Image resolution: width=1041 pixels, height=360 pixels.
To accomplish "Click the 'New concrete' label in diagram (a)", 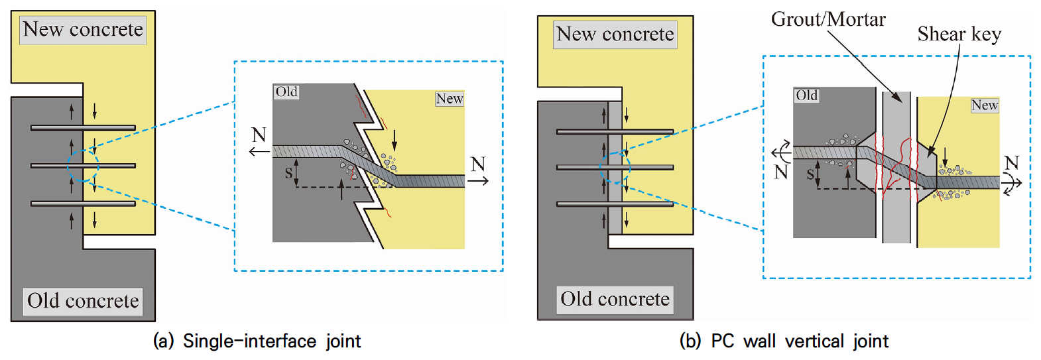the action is click(x=83, y=30).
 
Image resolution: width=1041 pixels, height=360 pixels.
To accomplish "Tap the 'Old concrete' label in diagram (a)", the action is click(x=83, y=301).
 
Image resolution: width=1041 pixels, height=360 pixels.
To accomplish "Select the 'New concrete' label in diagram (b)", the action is click(x=615, y=34).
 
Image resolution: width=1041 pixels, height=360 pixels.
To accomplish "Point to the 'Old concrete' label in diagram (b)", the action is click(x=615, y=300).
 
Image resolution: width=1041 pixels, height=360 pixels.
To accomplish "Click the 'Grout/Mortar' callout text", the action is click(x=828, y=19).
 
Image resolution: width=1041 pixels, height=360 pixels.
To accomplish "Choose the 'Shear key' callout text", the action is click(x=959, y=34).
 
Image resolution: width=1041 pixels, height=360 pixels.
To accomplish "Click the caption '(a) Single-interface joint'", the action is click(x=257, y=341).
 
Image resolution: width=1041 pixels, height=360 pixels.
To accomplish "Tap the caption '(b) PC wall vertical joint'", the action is click(x=784, y=341).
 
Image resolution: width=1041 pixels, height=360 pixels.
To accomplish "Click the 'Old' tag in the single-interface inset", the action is click(x=286, y=91).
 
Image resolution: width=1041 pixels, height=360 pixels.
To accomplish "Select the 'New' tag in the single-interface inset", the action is click(x=450, y=99).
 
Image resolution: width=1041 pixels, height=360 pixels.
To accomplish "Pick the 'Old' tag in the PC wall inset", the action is click(x=806, y=95).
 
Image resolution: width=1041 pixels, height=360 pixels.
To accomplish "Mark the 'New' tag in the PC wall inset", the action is click(x=984, y=105).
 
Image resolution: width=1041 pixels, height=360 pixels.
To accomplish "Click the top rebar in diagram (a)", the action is click(x=83, y=128).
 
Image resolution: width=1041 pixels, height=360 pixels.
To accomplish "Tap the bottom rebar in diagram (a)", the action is click(x=83, y=204).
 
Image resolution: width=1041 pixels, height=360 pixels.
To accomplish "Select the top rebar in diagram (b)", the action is click(x=615, y=132).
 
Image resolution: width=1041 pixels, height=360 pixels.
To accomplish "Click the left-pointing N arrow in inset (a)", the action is click(x=259, y=151).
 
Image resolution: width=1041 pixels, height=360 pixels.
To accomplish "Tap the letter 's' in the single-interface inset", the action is click(x=288, y=173).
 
